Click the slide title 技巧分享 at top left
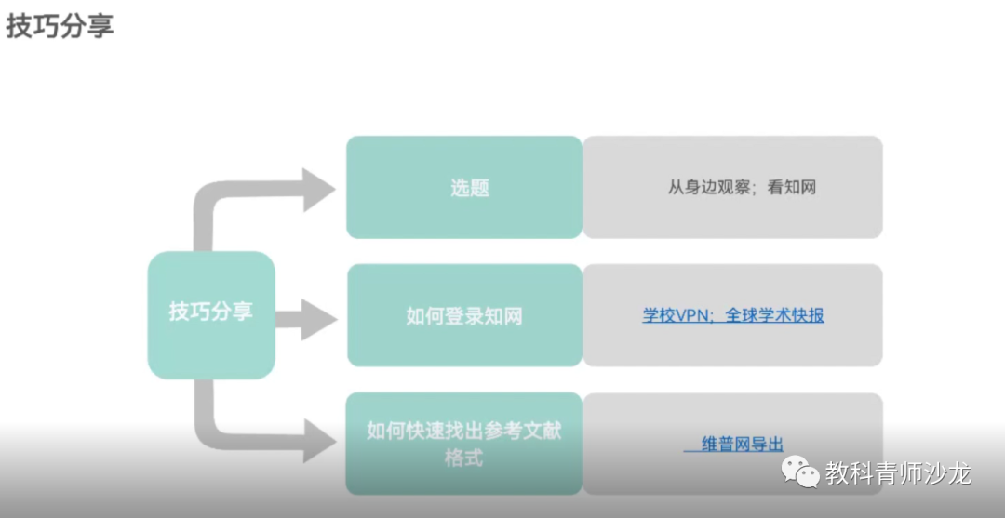(60, 26)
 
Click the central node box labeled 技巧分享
(211, 312)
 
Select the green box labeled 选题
(464, 188)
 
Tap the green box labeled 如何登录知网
(464, 316)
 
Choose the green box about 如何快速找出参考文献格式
(464, 444)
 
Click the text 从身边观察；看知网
(742, 188)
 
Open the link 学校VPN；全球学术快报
(733, 315)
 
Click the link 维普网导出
(742, 445)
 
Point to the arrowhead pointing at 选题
(319, 190)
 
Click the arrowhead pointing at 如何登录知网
(319, 319)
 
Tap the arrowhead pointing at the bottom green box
(319, 441)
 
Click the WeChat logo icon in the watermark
(801, 472)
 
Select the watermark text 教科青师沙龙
(898, 473)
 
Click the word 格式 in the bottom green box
(463, 458)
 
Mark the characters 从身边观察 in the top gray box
(704, 188)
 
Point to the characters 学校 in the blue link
(657, 315)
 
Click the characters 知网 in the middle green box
(504, 316)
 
